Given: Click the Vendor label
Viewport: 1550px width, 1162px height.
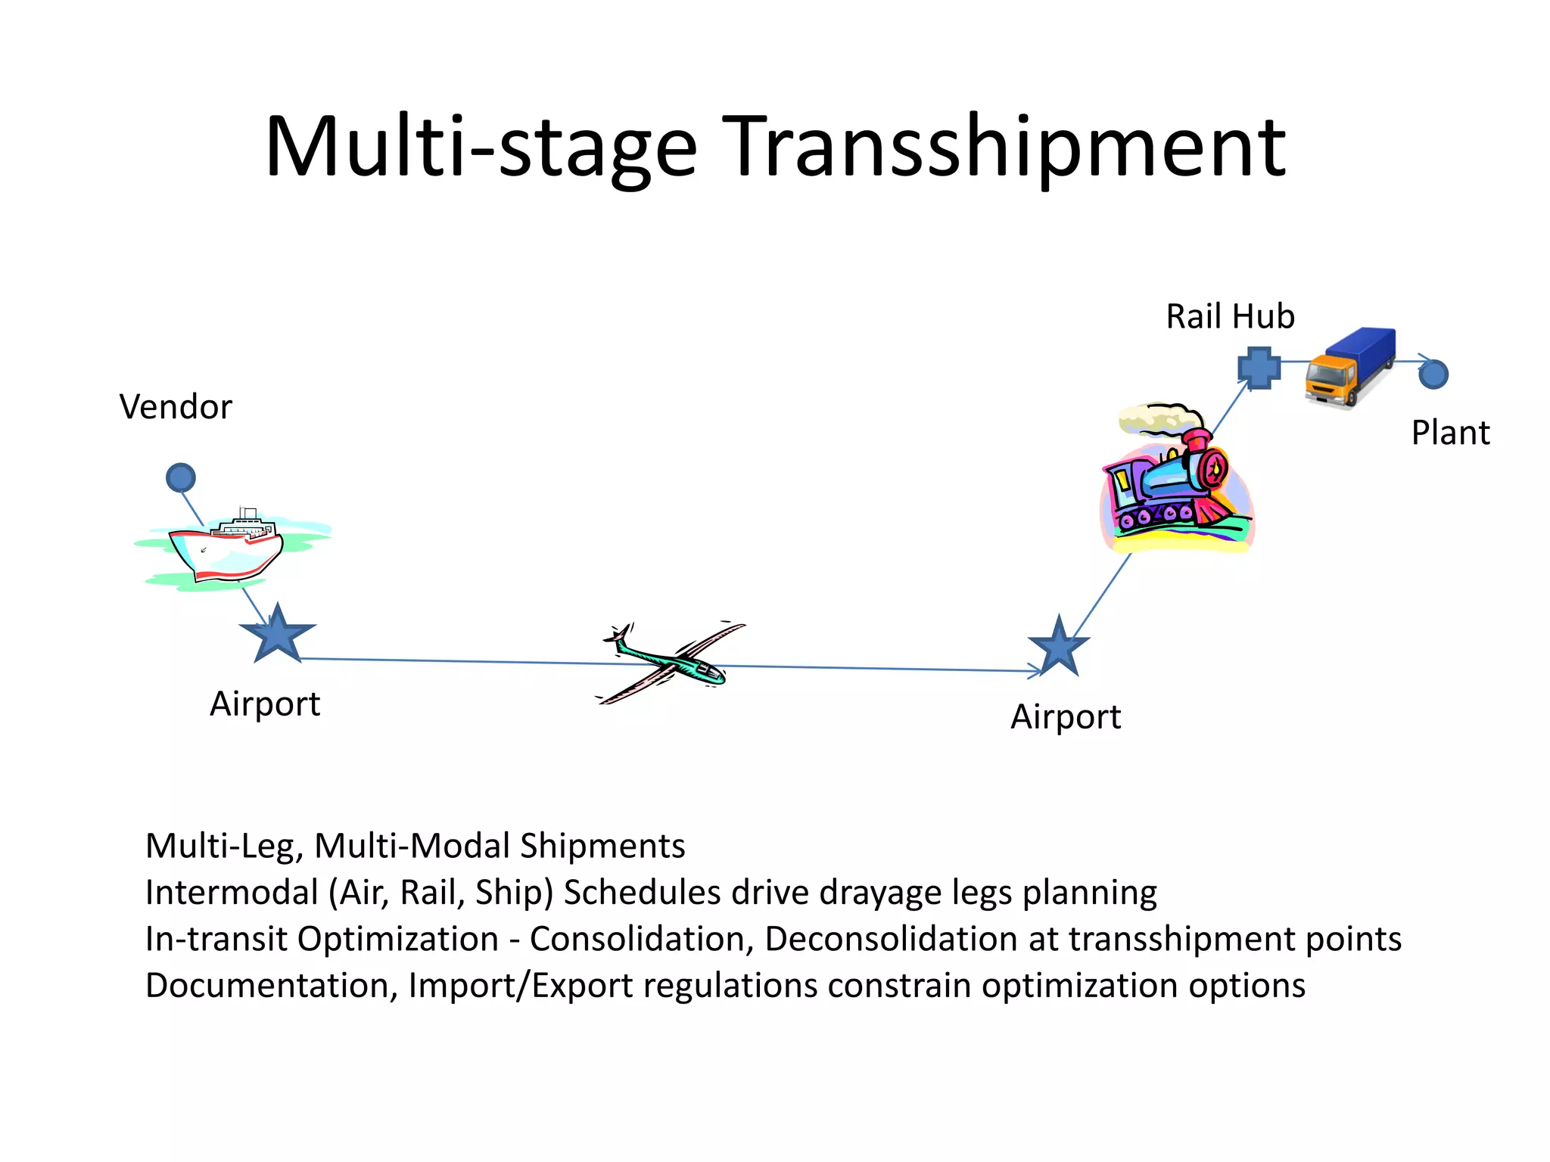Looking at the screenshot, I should point(176,407).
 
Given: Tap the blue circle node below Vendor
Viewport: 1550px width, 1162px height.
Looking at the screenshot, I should point(181,478).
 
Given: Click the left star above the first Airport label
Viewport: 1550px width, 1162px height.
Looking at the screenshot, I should point(278,635).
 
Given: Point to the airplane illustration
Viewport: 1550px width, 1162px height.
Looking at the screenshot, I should point(670,662).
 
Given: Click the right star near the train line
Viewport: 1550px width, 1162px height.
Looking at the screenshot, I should point(1059,648).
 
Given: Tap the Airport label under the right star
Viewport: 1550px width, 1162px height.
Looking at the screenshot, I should point(1066,716).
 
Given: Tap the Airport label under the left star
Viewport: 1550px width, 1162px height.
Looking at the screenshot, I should point(265,704).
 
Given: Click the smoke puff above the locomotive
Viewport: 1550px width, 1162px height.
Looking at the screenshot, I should point(1158,418).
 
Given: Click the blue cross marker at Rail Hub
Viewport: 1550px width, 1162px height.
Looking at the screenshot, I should point(1259,368).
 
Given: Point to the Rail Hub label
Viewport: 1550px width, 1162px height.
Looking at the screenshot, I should point(1230,316).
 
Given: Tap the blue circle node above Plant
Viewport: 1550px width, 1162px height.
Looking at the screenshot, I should point(1433,374).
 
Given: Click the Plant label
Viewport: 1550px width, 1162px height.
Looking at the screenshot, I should point(1450,433).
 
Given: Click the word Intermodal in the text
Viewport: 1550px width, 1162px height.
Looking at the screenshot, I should point(232,893).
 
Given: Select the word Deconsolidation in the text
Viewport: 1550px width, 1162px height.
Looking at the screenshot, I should point(890,939).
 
